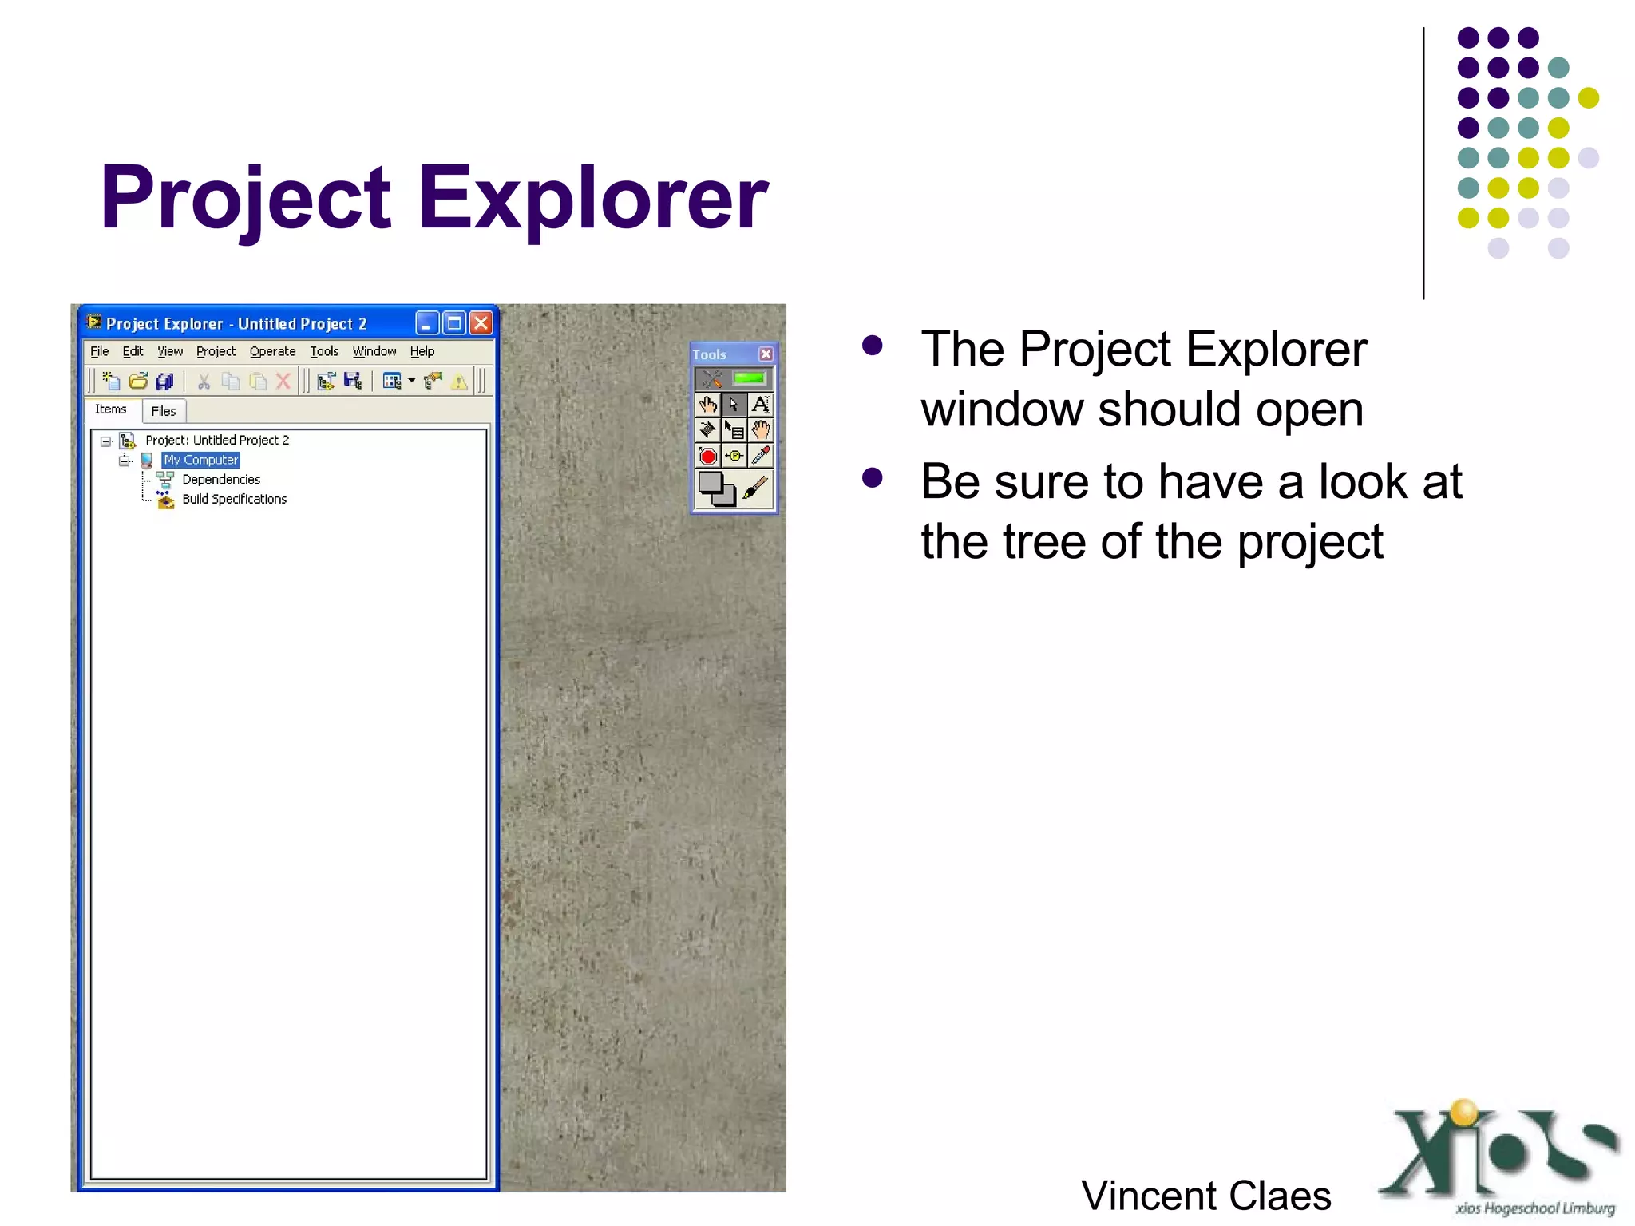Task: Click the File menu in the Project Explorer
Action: click(99, 351)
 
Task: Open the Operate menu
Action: click(272, 351)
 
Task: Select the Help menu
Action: click(422, 351)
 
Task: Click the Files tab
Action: click(164, 411)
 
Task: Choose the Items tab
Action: click(110, 409)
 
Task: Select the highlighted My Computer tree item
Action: click(200, 460)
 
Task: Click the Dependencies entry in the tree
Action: click(221, 480)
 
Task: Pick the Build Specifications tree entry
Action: click(234, 499)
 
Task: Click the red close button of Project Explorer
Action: click(481, 323)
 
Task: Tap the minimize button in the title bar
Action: click(427, 323)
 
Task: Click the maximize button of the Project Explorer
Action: click(454, 323)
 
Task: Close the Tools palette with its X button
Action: click(766, 354)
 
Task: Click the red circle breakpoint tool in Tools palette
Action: click(707, 457)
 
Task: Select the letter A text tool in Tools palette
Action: click(761, 405)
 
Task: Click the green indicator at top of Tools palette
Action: click(749, 378)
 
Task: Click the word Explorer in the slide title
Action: click(592, 198)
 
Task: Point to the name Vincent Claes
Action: click(1205, 1196)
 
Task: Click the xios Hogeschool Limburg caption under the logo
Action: click(1534, 1208)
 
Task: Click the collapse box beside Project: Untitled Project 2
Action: click(105, 441)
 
